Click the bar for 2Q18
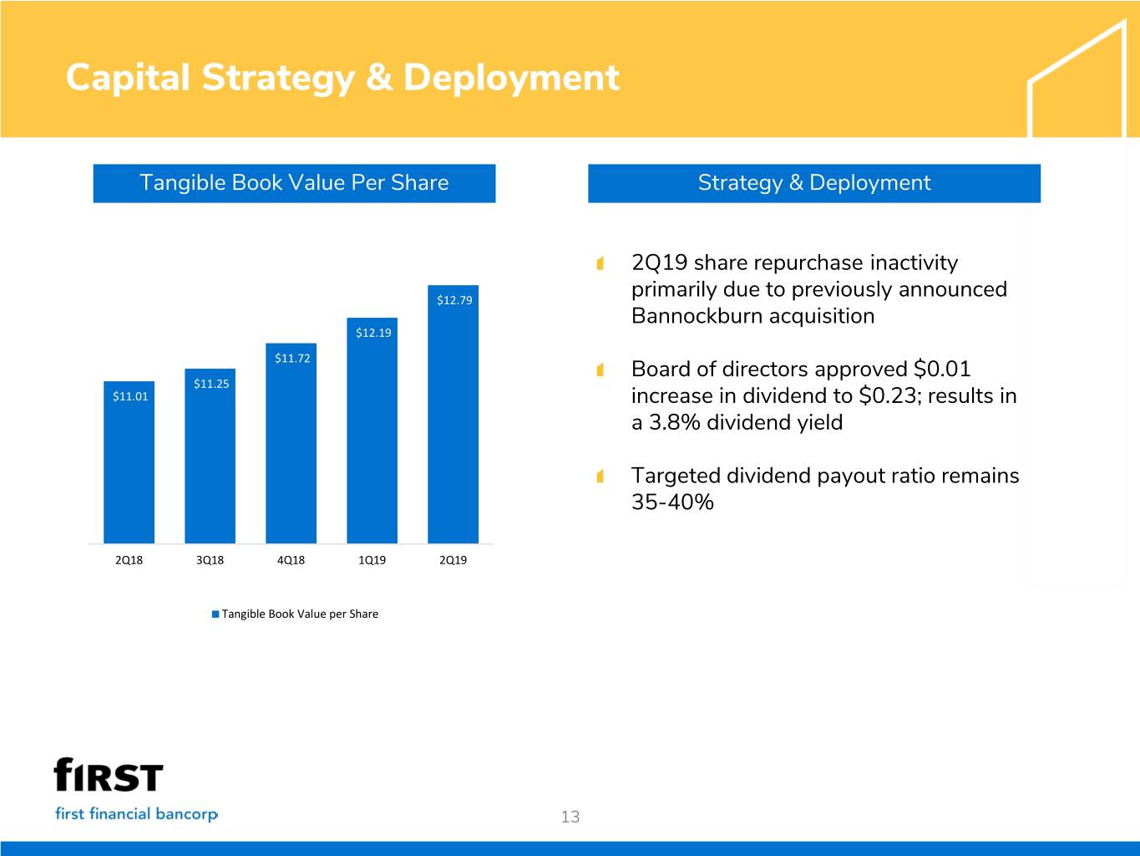pyautogui.click(x=129, y=468)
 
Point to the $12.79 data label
pyautogui.click(x=454, y=300)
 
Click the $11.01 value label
pyautogui.click(x=130, y=396)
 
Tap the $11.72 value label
pyautogui.click(x=292, y=359)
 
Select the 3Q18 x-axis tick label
pyautogui.click(x=210, y=560)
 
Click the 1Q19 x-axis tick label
pyautogui.click(x=372, y=560)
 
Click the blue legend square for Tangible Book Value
pyautogui.click(x=215, y=614)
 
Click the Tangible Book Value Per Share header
pyautogui.click(x=294, y=183)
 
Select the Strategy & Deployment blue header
pyautogui.click(x=813, y=183)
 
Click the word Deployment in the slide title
pyautogui.click(x=510, y=78)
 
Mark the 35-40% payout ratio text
pyautogui.click(x=672, y=502)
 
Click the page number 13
pyautogui.click(x=570, y=817)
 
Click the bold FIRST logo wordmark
pyautogui.click(x=109, y=775)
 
